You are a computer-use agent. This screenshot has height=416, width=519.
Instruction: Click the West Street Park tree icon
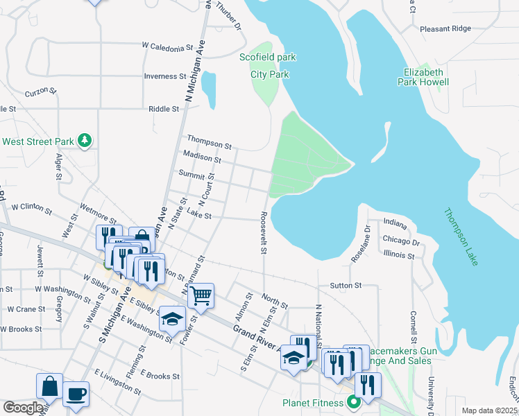click(x=85, y=141)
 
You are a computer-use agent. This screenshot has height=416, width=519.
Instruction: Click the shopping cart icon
click(x=201, y=295)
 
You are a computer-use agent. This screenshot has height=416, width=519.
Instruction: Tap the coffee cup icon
click(x=76, y=394)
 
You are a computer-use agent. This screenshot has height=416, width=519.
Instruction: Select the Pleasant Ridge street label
click(x=445, y=29)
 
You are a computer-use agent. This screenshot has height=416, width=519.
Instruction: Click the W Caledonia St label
click(x=167, y=47)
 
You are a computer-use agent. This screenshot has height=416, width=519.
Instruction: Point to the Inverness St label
click(x=165, y=76)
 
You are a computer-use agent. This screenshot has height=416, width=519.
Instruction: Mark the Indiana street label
click(x=394, y=225)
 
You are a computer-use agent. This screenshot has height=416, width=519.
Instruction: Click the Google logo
click(x=23, y=408)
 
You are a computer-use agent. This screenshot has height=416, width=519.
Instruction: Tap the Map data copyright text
click(x=489, y=410)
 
